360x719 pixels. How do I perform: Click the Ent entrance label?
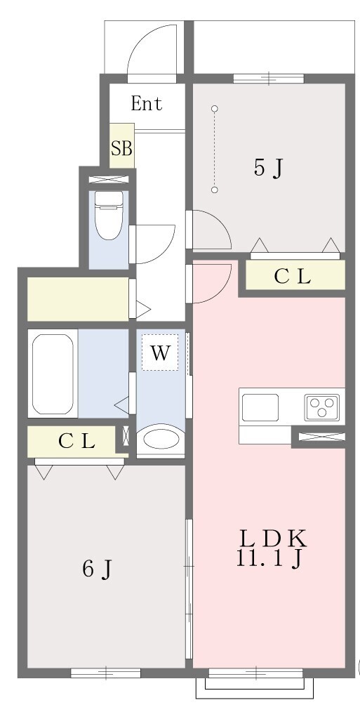pos(146,104)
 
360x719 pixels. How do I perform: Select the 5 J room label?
pos(267,169)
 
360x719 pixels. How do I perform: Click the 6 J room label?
pos(97,569)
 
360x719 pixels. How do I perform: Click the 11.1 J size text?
pos(269,558)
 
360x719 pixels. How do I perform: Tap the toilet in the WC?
pos(109,215)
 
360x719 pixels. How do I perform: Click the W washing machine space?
pos(160,352)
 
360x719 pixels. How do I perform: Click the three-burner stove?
pos(322,407)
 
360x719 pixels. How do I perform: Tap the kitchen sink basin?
pos(260,407)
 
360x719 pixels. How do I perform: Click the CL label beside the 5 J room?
pos(293,277)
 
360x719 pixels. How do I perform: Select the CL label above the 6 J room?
pos(76,441)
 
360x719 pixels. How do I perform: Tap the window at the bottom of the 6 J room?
pos(106,673)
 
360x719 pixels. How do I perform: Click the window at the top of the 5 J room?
pos(268,79)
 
